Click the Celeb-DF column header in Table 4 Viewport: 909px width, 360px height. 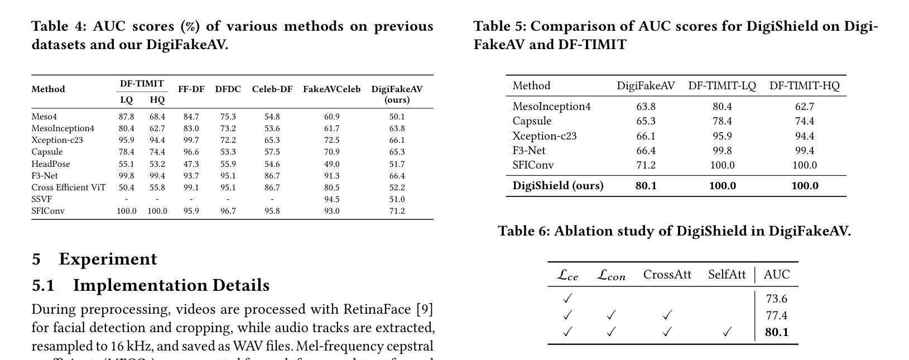[272, 89]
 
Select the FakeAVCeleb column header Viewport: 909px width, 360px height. [331, 89]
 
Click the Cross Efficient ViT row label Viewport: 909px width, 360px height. [68, 188]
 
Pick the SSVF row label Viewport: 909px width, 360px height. [41, 199]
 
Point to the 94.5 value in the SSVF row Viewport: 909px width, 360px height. [331, 199]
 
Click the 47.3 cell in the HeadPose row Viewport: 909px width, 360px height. [191, 164]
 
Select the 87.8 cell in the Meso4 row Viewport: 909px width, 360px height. [126, 117]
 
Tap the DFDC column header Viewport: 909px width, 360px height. [228, 89]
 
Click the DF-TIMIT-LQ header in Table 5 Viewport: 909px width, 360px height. [722, 86]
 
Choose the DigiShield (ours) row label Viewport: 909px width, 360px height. [558, 186]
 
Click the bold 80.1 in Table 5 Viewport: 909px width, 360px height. [646, 186]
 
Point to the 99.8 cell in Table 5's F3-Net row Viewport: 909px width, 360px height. [722, 151]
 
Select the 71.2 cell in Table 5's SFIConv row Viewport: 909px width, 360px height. [646, 165]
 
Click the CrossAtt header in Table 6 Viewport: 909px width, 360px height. [667, 275]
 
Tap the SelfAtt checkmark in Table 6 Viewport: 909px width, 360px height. [727, 332]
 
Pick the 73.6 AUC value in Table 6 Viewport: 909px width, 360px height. [776, 299]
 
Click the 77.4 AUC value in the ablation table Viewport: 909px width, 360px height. [776, 315]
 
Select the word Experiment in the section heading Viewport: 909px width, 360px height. [108, 259]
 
